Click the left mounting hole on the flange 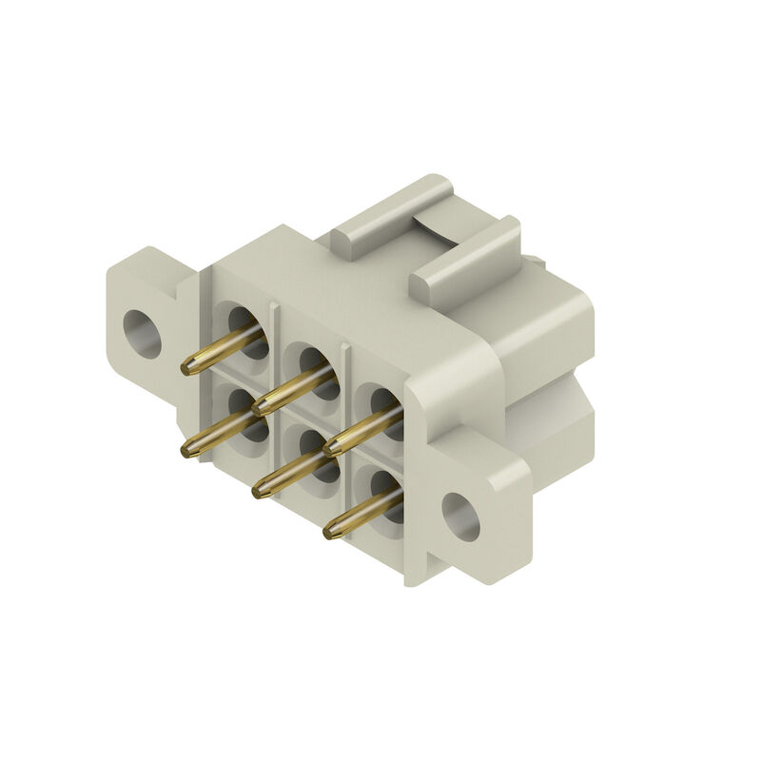tap(142, 334)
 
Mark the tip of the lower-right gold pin tap(331, 533)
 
